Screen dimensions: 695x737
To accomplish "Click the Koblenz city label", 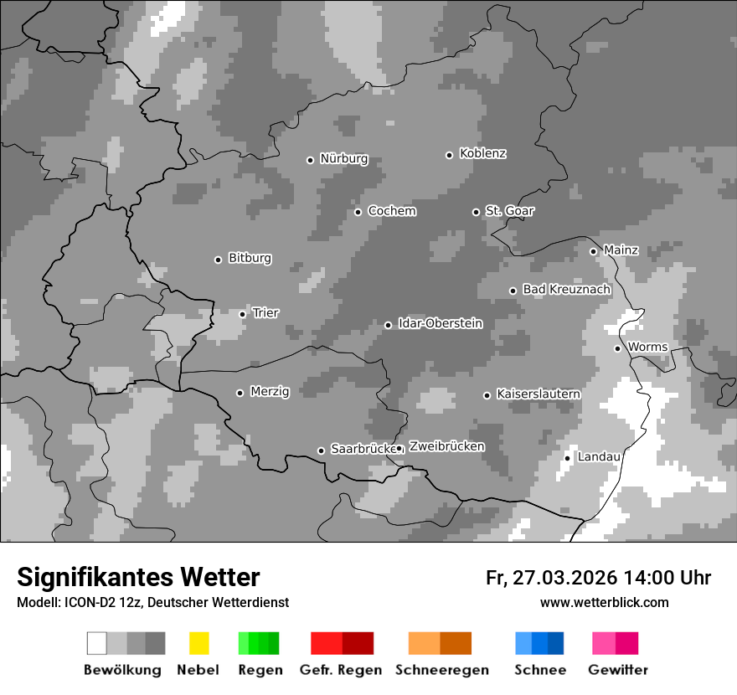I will point(482,154).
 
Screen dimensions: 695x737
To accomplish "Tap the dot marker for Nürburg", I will point(310,160).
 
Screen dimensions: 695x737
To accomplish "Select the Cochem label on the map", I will point(391,211).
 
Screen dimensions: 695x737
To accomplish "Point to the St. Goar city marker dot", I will point(476,212).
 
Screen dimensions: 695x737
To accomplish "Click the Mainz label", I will point(621,250).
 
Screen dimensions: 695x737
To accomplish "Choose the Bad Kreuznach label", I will point(566,290).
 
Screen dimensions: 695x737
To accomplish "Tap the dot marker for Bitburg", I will point(218,260).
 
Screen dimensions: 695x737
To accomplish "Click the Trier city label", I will point(265,313).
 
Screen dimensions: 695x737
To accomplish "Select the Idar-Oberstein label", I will point(440,324).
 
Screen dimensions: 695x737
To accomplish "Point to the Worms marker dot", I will point(617,348).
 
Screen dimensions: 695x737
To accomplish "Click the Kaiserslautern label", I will point(538,394).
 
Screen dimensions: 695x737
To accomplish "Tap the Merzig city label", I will point(269,392).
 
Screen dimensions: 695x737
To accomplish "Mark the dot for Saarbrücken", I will point(321,450).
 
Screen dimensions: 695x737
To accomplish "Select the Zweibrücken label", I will point(446,446).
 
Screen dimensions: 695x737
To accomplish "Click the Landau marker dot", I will point(567,458).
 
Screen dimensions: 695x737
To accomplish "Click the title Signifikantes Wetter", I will point(138,577).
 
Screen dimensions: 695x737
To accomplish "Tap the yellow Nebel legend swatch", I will point(198,643).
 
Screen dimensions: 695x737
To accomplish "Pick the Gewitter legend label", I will point(618,670).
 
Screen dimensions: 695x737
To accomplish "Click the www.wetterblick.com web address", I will point(604,602).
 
